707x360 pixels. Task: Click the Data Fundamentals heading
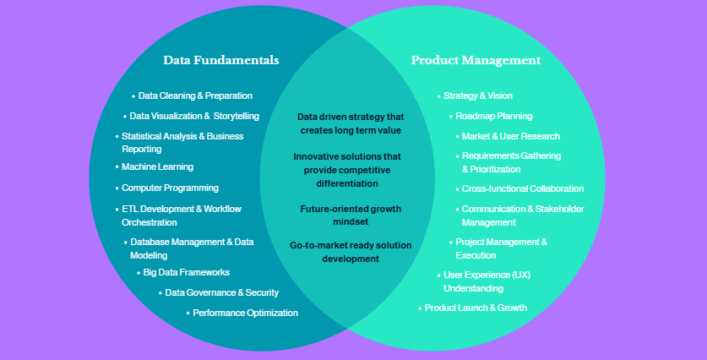[x=221, y=61]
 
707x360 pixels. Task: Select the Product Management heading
[x=476, y=61]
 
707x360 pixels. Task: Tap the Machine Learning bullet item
[x=157, y=167]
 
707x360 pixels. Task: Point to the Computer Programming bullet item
[x=170, y=188]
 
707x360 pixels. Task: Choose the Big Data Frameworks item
[x=186, y=272]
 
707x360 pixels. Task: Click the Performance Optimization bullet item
[x=245, y=313]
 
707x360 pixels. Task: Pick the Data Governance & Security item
[x=221, y=292]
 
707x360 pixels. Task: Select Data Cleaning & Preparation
[x=195, y=96]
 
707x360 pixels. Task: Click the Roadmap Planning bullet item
[x=493, y=116]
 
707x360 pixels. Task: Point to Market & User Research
[x=510, y=136]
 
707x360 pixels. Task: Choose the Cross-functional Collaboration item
[x=522, y=188]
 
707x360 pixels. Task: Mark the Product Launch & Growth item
[x=476, y=308]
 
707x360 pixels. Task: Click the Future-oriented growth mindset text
[x=351, y=215]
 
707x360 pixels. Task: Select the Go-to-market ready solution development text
[x=351, y=252]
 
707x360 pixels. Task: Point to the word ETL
[x=129, y=209]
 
